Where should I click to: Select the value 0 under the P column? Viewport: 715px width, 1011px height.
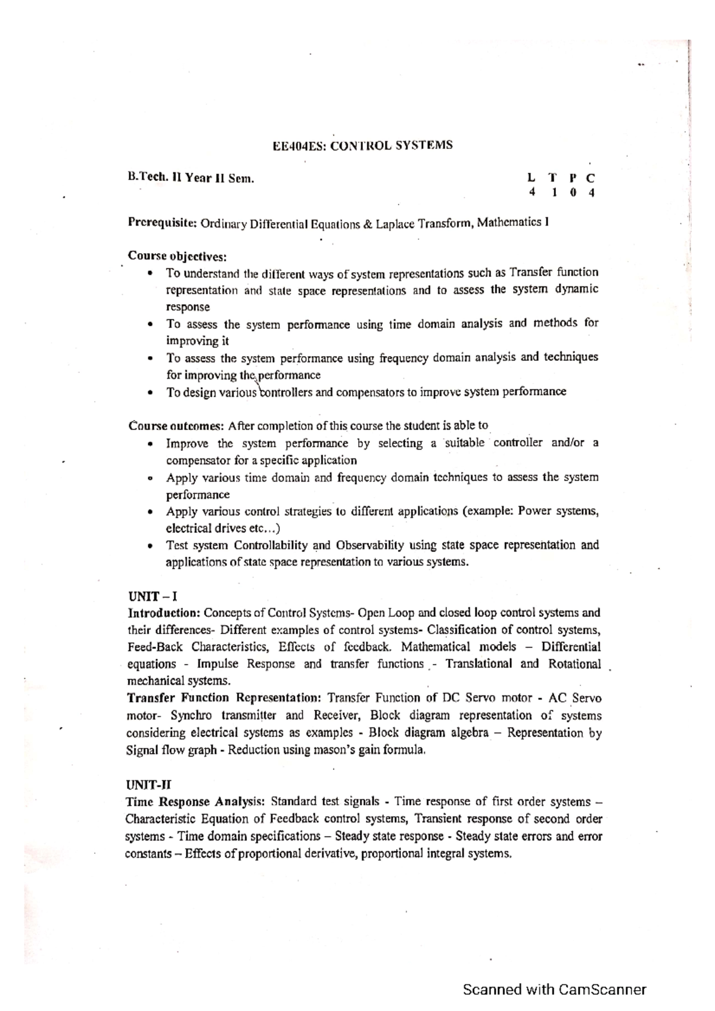[573, 192]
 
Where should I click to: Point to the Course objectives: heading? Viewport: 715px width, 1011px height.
[178, 257]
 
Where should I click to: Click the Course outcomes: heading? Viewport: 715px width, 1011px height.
[176, 426]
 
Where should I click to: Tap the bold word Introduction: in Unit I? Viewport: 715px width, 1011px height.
[164, 613]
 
